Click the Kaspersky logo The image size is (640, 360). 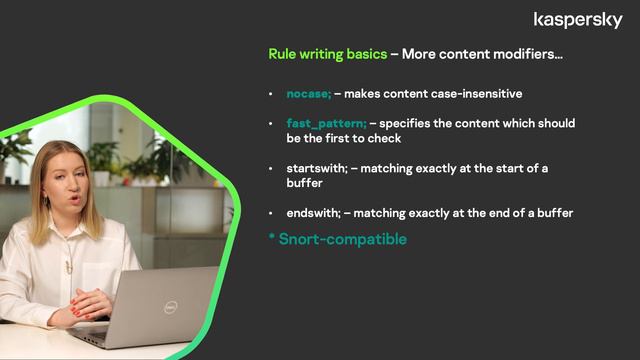[578, 20]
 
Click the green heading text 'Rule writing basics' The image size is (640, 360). [327, 54]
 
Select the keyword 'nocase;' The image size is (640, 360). [308, 94]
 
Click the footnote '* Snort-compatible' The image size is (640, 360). [337, 240]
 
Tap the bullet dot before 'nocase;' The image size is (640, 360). [271, 94]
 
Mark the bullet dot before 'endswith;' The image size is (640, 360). [271, 213]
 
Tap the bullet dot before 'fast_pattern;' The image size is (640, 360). [271, 123]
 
